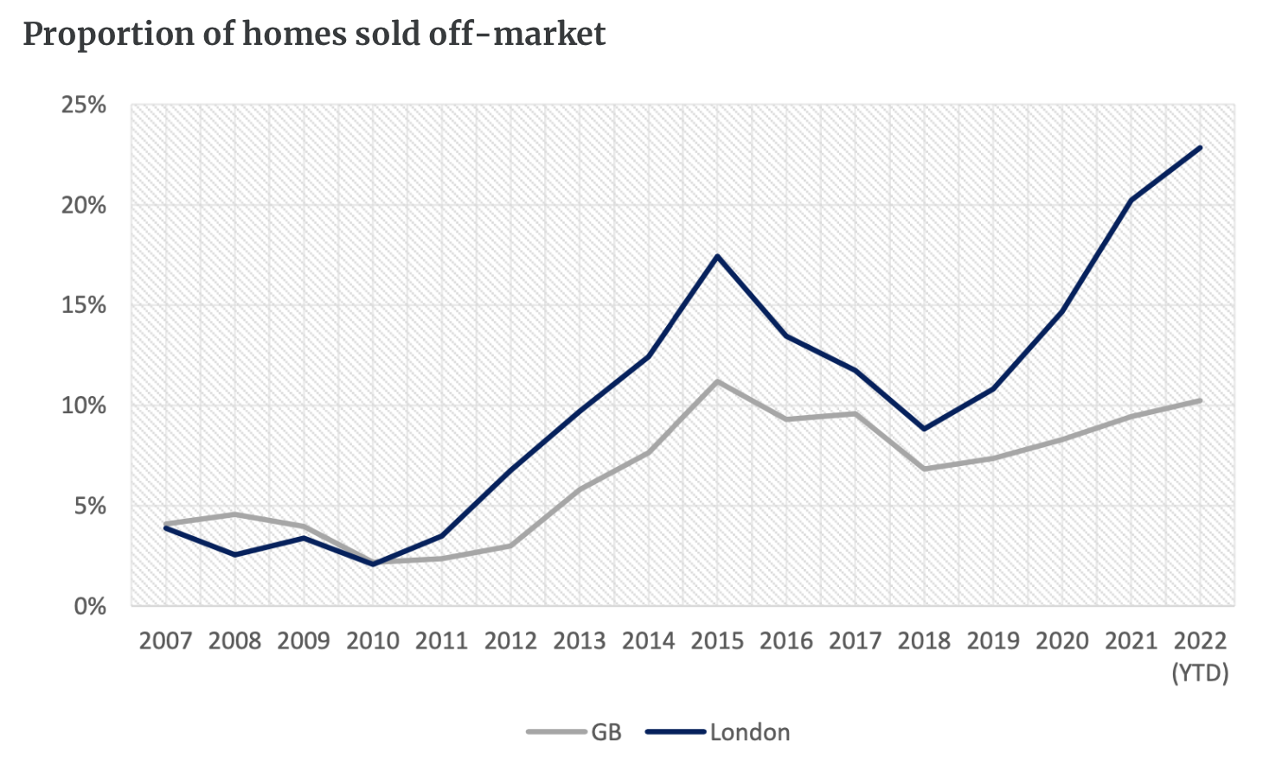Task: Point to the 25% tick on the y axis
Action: [x=84, y=105]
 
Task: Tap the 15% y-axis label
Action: [x=84, y=305]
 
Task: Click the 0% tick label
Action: [x=90, y=606]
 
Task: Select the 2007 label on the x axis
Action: [x=165, y=641]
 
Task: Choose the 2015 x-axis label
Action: [x=717, y=641]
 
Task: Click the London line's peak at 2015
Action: [x=717, y=256]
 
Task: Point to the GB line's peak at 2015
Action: [x=717, y=381]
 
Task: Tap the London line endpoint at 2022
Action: [x=1201, y=148]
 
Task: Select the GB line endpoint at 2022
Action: [x=1201, y=400]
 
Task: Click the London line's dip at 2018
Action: [x=925, y=429]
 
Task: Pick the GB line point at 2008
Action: [x=234, y=514]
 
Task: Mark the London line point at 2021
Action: [x=1131, y=201]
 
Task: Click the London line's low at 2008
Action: [x=234, y=554]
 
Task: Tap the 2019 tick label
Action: [x=993, y=641]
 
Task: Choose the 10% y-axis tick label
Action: [x=84, y=406]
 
